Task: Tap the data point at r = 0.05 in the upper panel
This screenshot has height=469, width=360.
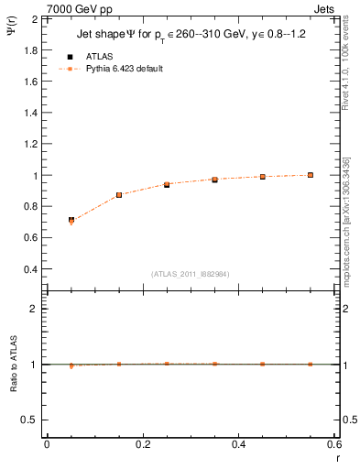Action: [71, 221]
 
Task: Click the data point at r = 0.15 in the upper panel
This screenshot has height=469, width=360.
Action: [119, 195]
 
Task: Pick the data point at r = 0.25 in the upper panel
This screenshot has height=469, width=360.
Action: [167, 184]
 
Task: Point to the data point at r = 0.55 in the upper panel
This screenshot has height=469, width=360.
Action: [311, 175]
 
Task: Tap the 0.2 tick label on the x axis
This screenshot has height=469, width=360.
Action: [143, 444]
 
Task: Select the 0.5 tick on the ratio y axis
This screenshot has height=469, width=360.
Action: [31, 420]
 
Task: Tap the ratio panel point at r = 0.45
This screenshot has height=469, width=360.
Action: [263, 364]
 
